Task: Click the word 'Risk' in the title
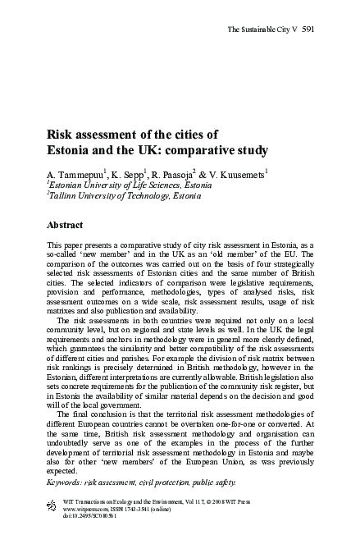click(x=61, y=135)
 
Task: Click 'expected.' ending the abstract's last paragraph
click(x=64, y=473)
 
